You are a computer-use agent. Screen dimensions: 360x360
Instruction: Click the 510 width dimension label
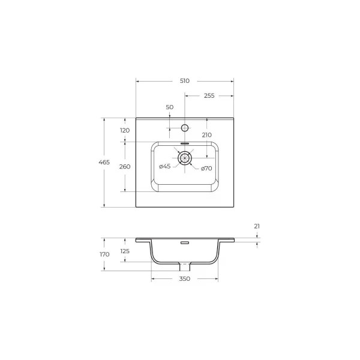click(x=184, y=80)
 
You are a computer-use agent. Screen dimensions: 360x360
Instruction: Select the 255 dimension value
click(x=209, y=95)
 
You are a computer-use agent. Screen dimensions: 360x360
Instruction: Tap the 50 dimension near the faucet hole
click(x=169, y=107)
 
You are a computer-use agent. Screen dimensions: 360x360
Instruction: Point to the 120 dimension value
click(x=125, y=130)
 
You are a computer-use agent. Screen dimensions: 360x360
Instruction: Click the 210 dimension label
click(x=206, y=135)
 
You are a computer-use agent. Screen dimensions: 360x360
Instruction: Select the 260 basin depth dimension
click(x=125, y=167)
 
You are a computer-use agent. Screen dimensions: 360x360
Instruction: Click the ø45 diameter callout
click(x=165, y=166)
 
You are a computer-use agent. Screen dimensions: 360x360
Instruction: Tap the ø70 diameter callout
click(x=206, y=168)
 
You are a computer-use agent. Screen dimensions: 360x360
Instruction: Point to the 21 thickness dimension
click(x=257, y=226)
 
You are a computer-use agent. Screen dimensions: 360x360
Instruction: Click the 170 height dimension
click(x=104, y=254)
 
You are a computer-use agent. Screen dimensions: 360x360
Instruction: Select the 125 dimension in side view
click(x=125, y=251)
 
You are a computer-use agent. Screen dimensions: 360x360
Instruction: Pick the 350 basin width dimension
click(x=184, y=279)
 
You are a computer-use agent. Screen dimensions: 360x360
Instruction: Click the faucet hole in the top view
click(x=185, y=127)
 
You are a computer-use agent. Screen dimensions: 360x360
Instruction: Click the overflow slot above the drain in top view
click(x=185, y=144)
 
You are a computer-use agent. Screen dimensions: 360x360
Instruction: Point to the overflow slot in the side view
click(x=185, y=243)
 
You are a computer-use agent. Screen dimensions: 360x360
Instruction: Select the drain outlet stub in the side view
click(x=185, y=265)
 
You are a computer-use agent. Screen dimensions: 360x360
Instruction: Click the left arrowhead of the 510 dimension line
click(x=137, y=80)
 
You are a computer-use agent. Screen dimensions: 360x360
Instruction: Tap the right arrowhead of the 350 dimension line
click(x=217, y=279)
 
